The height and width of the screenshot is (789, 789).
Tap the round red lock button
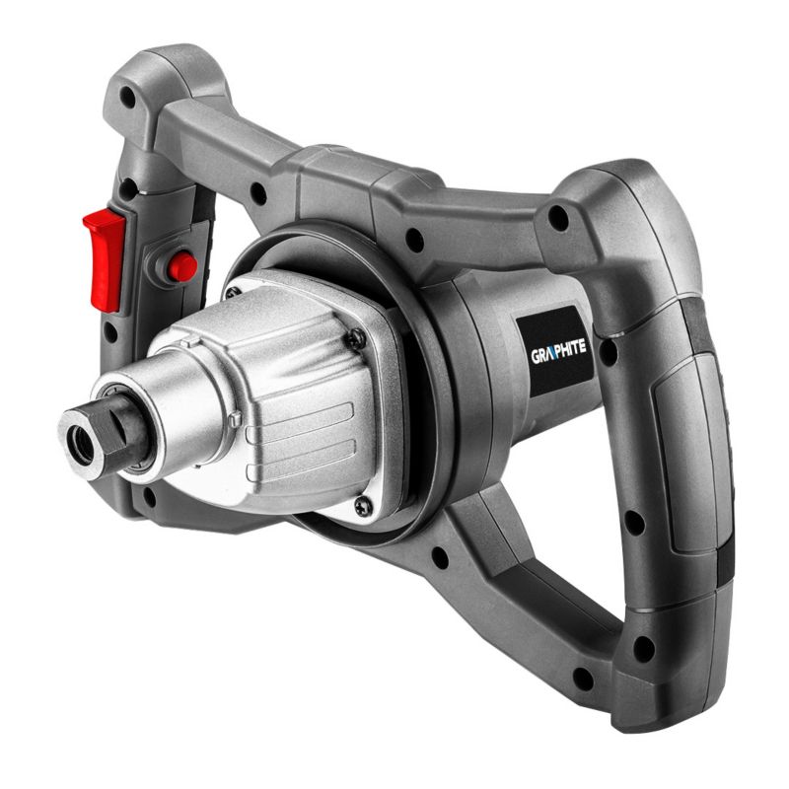click(x=181, y=265)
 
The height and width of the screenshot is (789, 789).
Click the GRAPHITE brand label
click(x=557, y=352)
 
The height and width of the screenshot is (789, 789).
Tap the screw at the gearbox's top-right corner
click(x=356, y=339)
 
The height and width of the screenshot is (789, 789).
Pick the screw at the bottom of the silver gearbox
click(x=362, y=507)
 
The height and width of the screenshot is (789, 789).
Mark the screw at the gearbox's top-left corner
click(x=231, y=293)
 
